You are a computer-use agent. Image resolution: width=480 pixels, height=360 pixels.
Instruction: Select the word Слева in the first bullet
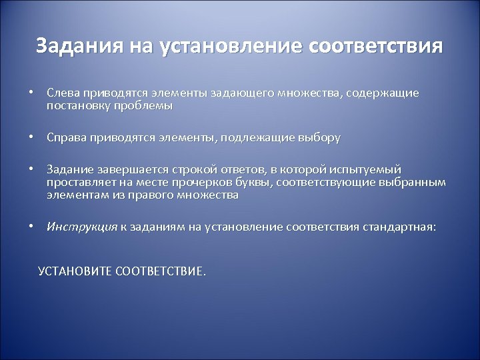(x=61, y=95)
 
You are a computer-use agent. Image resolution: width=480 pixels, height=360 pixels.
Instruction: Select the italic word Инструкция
(x=82, y=226)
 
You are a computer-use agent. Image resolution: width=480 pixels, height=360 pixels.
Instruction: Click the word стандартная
(x=399, y=226)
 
